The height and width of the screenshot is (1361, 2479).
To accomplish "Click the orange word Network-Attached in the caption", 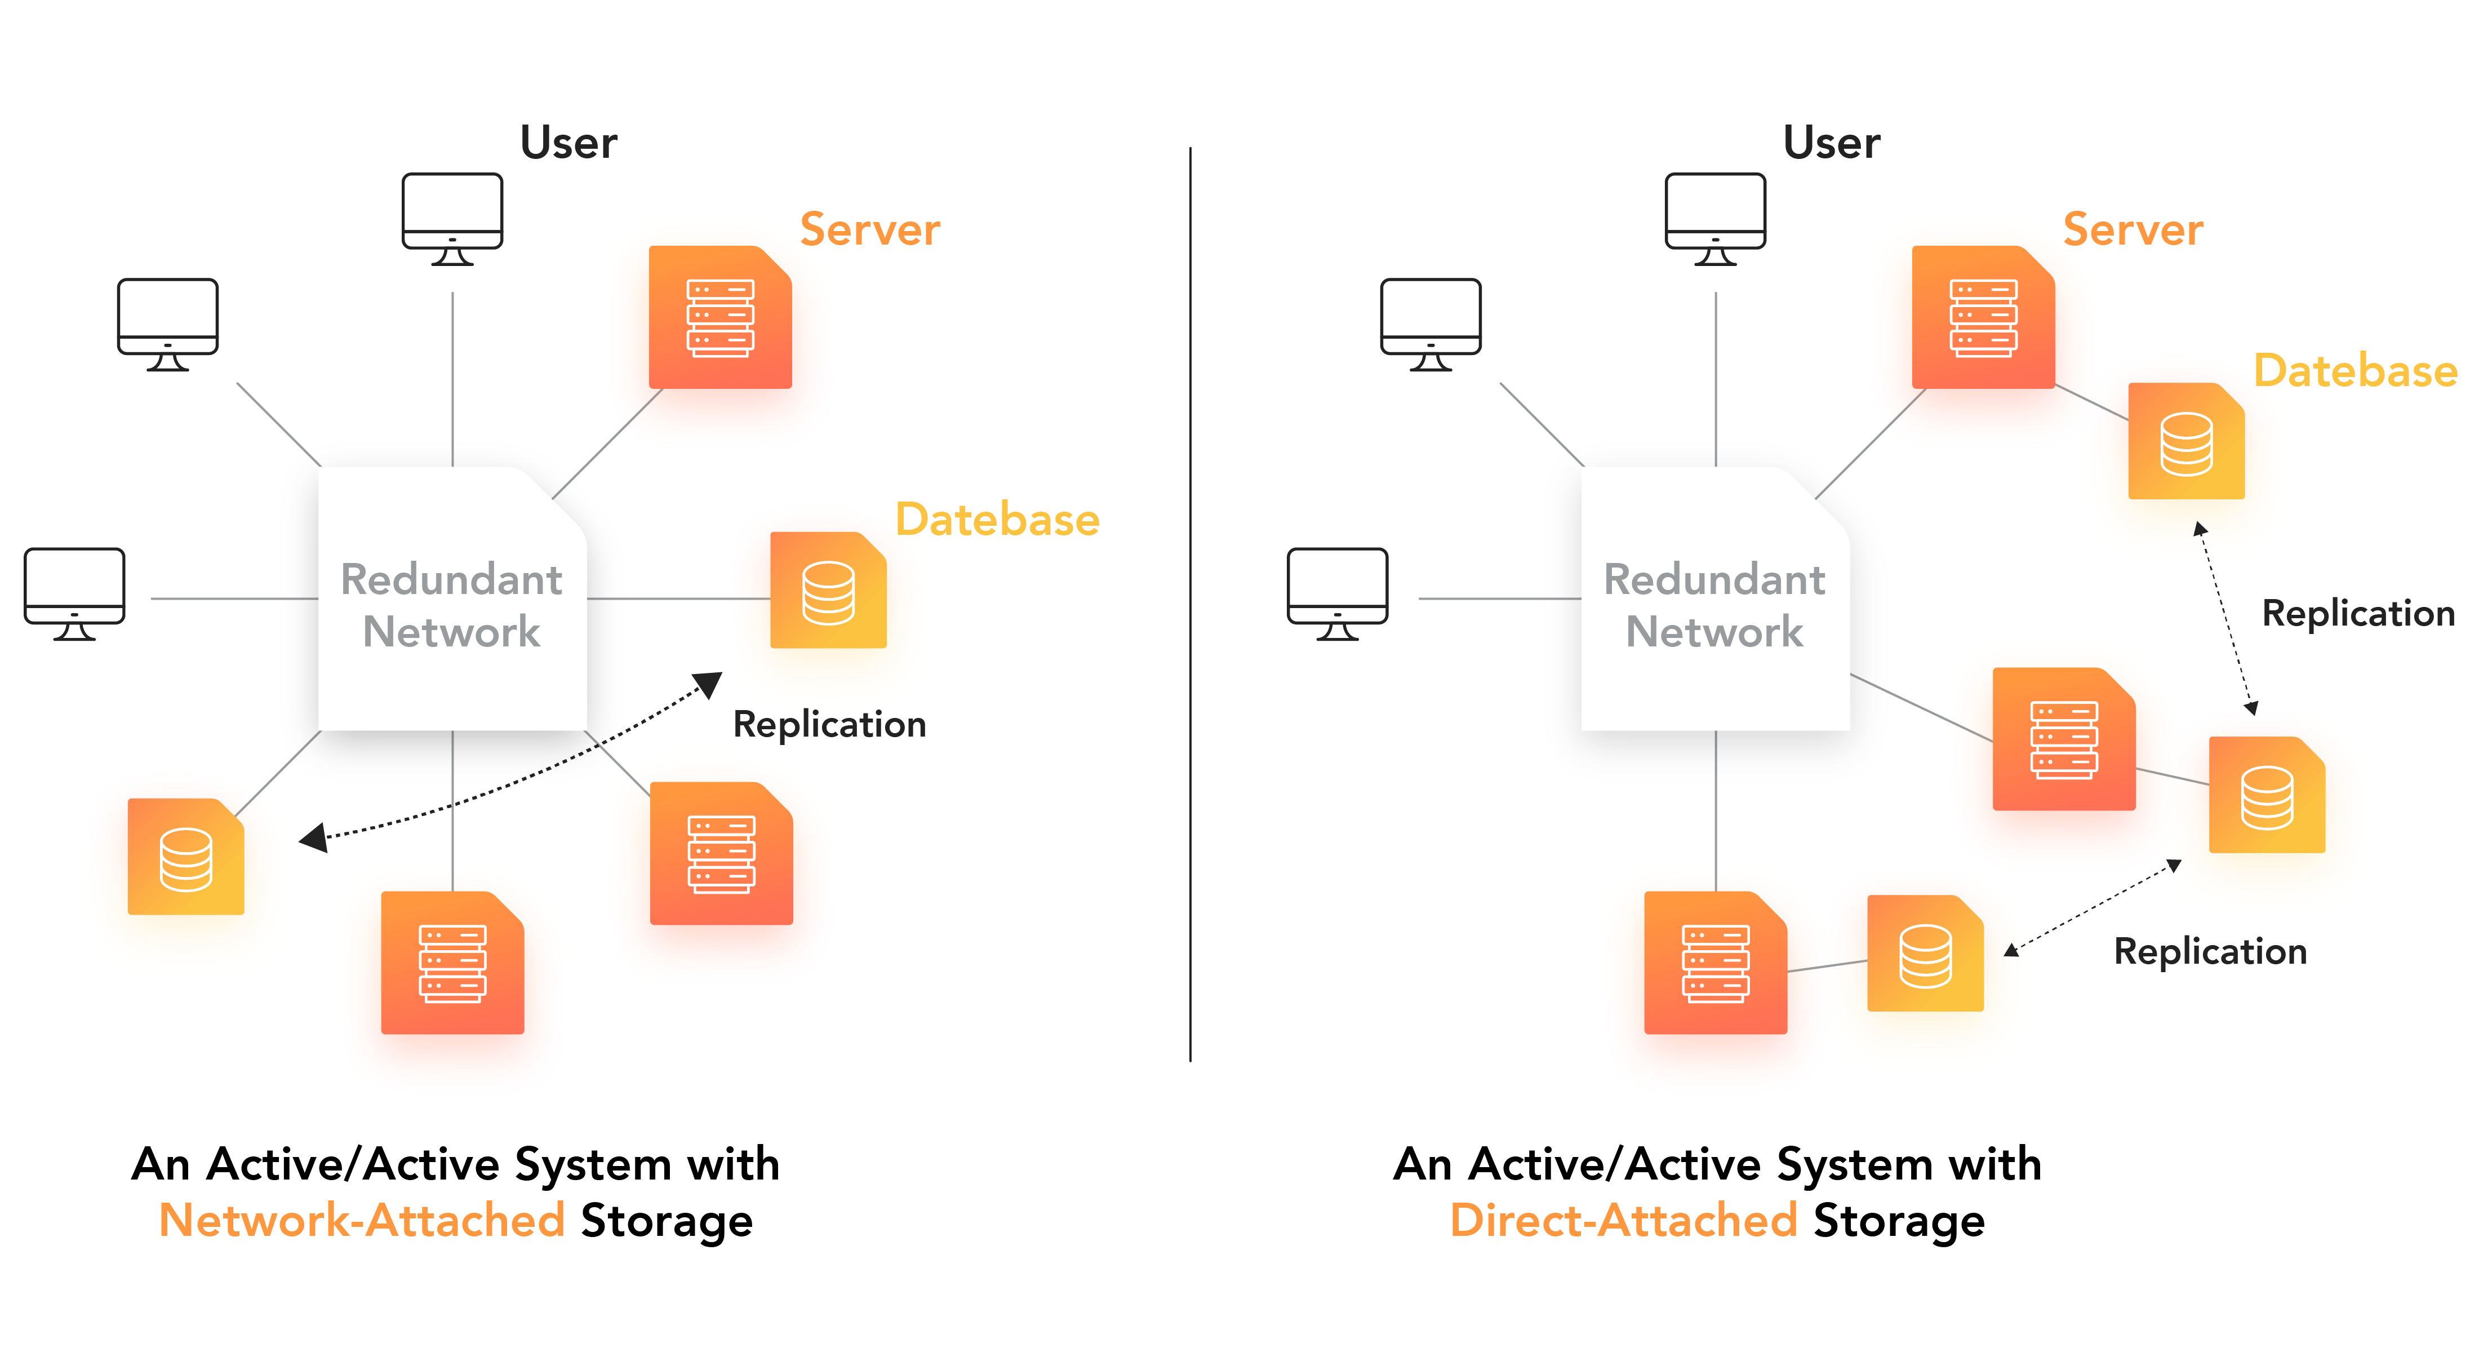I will click(361, 1221).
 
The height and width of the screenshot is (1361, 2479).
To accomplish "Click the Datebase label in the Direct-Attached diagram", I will click(2355, 371).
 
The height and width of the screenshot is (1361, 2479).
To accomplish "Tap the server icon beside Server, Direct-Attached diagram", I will click(1983, 318).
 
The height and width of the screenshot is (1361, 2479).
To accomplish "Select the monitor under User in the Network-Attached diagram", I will click(452, 219).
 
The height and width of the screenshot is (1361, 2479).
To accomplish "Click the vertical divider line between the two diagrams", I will click(1190, 606).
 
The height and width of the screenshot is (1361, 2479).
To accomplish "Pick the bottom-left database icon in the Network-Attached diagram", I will click(186, 857).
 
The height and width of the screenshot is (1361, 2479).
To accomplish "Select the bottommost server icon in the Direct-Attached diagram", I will click(1715, 963).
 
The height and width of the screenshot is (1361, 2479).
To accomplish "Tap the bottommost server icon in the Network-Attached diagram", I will click(452, 963).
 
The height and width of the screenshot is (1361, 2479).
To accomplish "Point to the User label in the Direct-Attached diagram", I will click(1831, 143).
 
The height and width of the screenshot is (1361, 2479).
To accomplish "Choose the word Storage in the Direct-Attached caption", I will click(1899, 1221).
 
